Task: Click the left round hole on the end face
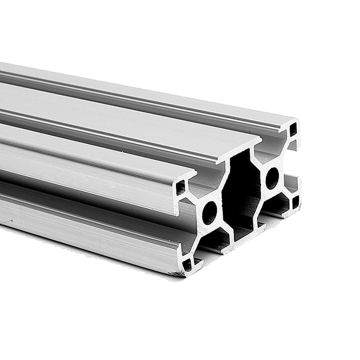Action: click(x=209, y=212)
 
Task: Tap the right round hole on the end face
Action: click(x=272, y=178)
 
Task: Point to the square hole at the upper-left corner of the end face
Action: click(x=181, y=187)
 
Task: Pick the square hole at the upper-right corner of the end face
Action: click(x=292, y=130)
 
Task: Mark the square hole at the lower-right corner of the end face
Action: click(x=295, y=200)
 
